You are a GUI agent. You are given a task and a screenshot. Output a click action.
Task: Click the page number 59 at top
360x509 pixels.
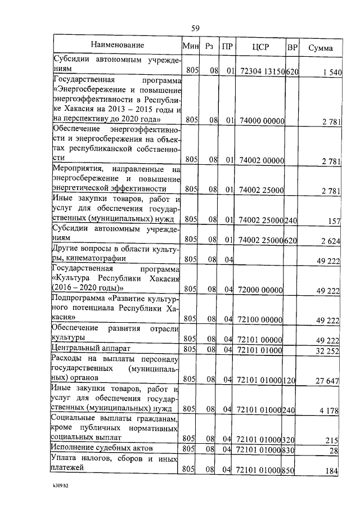pos(195,28)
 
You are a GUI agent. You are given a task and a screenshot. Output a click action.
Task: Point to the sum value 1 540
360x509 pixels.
pos(330,73)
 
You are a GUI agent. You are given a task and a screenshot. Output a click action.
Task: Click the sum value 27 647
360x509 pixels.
pos(328,381)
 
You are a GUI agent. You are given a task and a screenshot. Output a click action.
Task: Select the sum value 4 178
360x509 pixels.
pos(330,411)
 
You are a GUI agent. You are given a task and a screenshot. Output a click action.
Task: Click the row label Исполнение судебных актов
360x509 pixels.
pos(103,448)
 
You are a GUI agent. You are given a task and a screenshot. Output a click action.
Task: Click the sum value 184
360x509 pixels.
pos(333,471)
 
